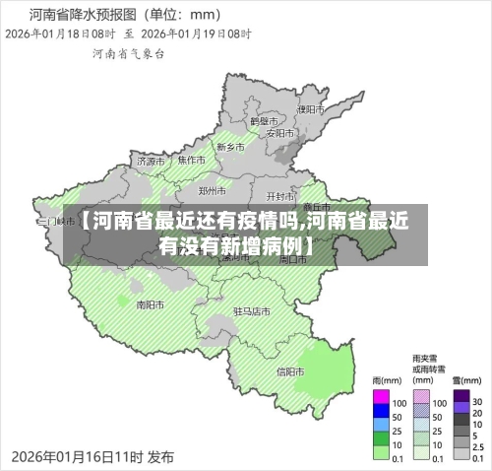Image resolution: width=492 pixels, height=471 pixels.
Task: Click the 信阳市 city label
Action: coord(290,371)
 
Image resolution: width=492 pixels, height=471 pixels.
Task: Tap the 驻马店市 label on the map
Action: coord(251,310)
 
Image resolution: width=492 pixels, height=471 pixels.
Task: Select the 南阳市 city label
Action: coord(150,304)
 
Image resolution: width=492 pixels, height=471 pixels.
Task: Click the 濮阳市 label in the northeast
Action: coord(310,109)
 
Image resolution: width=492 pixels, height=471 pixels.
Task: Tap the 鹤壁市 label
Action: coord(265,120)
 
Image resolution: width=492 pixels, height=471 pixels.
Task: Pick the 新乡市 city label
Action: coord(230,147)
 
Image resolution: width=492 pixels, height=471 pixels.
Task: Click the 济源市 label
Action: coord(152,161)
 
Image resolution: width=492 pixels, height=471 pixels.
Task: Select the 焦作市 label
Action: coord(191,160)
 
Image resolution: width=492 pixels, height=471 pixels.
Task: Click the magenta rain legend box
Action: coord(382,402)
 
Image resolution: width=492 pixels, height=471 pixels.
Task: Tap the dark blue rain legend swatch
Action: coord(382,417)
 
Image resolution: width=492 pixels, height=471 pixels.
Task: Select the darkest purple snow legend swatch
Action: coord(461,402)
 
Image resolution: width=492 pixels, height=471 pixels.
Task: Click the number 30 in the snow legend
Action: coord(477,402)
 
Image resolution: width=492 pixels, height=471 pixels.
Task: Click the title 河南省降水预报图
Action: coord(83,15)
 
